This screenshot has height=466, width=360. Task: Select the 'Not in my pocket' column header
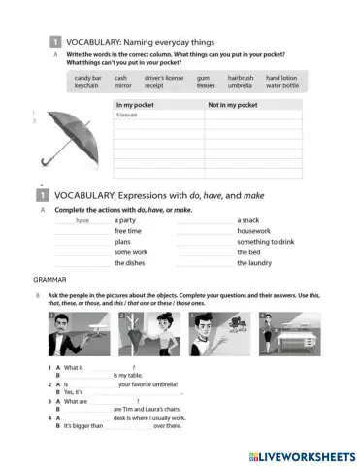click(x=234, y=103)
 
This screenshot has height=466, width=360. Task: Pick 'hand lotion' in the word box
click(x=281, y=78)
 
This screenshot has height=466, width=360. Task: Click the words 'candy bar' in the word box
click(x=88, y=78)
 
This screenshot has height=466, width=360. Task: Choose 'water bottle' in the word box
click(x=281, y=86)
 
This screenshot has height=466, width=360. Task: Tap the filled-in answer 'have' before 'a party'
click(x=82, y=221)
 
